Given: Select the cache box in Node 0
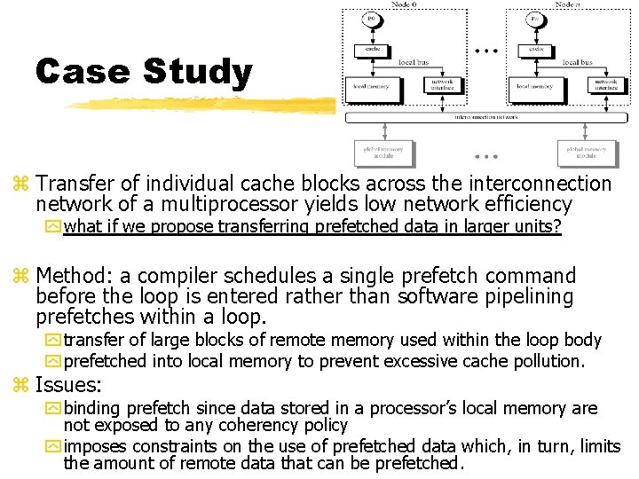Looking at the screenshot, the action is [x=370, y=49].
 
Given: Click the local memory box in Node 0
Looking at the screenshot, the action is [x=370, y=87].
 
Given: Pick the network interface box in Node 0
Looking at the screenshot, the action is [x=441, y=84].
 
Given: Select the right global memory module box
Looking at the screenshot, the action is [x=587, y=153].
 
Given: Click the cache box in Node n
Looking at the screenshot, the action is [x=536, y=49].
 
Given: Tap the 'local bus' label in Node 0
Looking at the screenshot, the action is [x=414, y=62].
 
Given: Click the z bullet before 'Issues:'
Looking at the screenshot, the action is [x=21, y=386].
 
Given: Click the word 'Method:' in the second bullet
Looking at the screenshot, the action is [x=75, y=276].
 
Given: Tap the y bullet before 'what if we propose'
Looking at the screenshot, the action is [x=55, y=227].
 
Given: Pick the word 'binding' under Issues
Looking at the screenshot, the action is [x=93, y=408].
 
